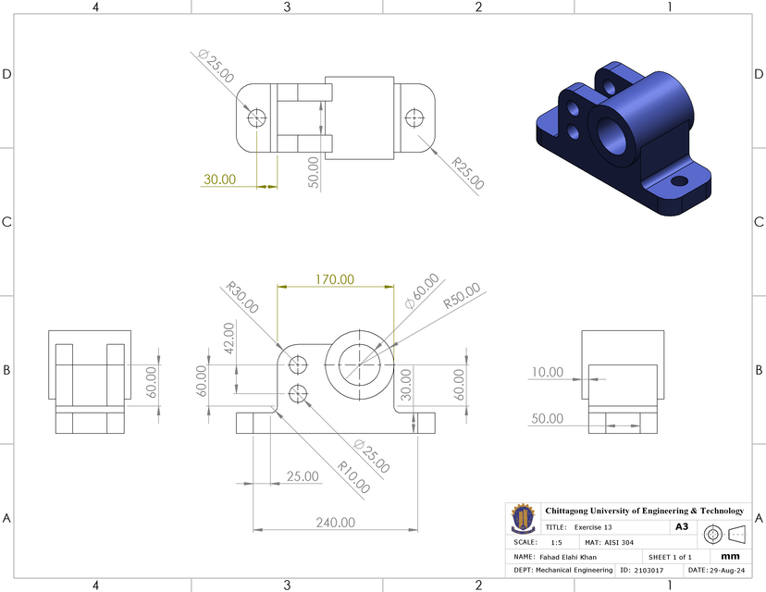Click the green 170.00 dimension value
pyautogui.click(x=335, y=278)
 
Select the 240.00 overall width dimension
pyautogui.click(x=335, y=522)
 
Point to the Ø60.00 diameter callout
pyautogui.click(x=421, y=292)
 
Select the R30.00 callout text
pyautogui.click(x=241, y=298)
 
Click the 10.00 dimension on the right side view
pyautogui.click(x=547, y=372)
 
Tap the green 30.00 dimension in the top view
pyautogui.click(x=220, y=179)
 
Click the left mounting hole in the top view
pyautogui.click(x=256, y=117)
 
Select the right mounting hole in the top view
pyautogui.click(x=414, y=117)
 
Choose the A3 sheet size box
pyautogui.click(x=682, y=526)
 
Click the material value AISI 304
pyautogui.click(x=621, y=542)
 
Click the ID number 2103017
pyautogui.click(x=649, y=571)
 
